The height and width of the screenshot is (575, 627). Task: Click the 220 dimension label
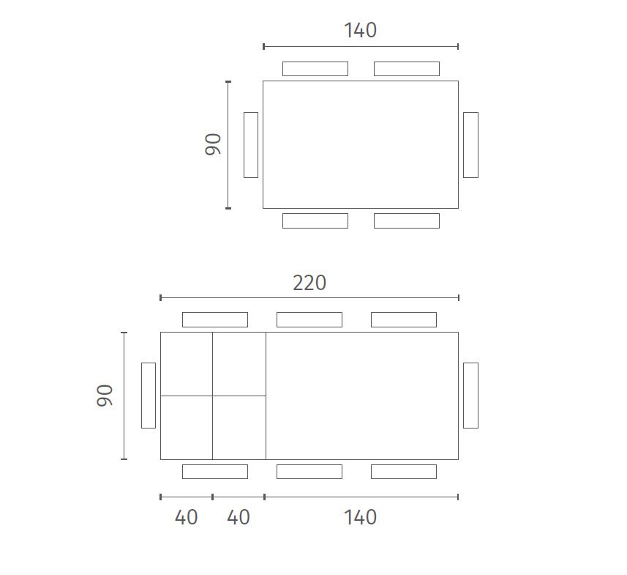pos(309,283)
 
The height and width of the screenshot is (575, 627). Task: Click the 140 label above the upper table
pos(360,31)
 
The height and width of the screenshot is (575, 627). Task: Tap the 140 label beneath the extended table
pos(360,517)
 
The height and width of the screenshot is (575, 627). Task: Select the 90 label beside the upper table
pos(213,144)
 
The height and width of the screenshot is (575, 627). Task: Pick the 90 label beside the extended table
pos(105,396)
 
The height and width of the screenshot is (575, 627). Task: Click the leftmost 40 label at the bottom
pos(187,517)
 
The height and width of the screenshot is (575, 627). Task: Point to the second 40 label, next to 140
pos(239,517)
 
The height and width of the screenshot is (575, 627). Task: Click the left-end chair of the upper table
pos(251,145)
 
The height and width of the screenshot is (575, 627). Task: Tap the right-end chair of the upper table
pos(470,145)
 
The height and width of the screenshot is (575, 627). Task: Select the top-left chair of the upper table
pos(315,69)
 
